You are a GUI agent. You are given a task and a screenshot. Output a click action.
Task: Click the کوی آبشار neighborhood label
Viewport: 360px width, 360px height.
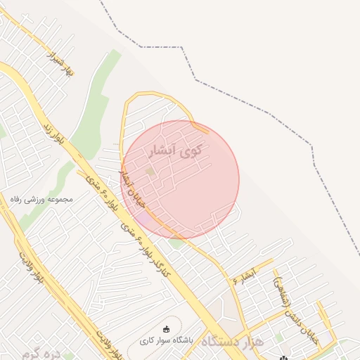pyautogui.click(x=176, y=150)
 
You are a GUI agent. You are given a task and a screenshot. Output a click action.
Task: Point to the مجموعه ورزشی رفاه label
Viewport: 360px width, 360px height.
pyautogui.click(x=42, y=200)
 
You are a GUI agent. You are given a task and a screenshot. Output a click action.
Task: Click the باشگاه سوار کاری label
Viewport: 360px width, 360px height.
pyautogui.click(x=166, y=340)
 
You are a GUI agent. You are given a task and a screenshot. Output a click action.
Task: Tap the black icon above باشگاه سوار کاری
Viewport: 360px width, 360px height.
pyautogui.click(x=166, y=328)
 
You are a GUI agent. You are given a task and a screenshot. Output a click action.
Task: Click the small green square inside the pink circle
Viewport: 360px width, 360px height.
pyautogui.click(x=150, y=171)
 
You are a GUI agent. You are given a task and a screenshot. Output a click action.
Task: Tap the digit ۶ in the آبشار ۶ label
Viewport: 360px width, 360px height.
pyautogui.click(x=235, y=280)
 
